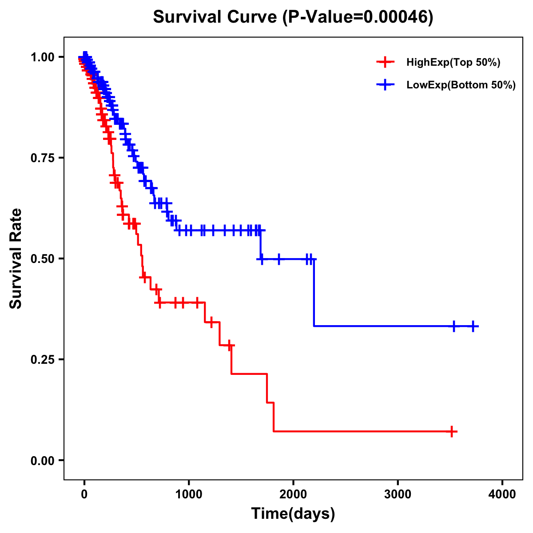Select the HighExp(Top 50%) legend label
(453, 63)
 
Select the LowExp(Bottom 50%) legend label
(461, 85)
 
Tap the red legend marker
(385, 62)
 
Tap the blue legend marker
(385, 85)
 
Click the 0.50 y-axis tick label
(43, 259)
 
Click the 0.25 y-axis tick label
(43, 360)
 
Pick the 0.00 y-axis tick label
(43, 461)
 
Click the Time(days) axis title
(293, 514)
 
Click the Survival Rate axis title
(16, 259)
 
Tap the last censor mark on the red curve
(452, 431)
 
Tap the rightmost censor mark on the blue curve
(473, 326)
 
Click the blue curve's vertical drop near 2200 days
(314, 293)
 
